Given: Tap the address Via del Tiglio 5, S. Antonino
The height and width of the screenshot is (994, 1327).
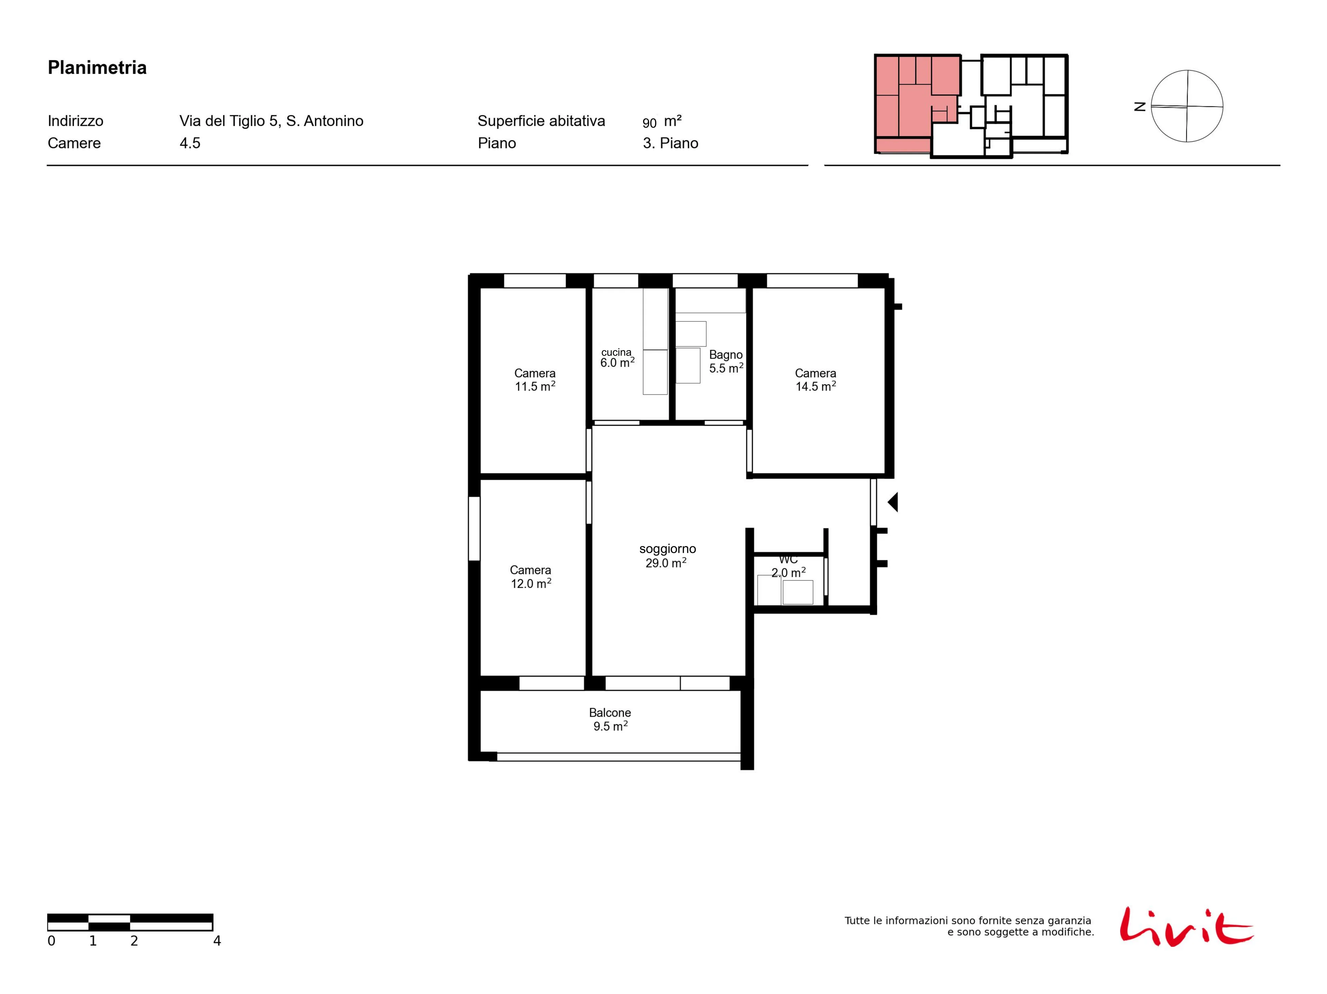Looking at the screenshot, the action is click(x=271, y=121).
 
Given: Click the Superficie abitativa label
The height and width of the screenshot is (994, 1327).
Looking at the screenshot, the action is click(x=541, y=121).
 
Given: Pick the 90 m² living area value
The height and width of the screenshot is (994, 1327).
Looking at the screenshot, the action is click(x=662, y=122).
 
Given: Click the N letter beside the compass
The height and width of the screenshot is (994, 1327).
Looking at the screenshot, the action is click(x=1140, y=107).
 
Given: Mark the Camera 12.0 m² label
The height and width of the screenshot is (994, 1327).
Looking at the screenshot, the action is click(x=530, y=577).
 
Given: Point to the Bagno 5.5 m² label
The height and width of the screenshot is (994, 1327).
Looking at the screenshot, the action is click(x=726, y=361).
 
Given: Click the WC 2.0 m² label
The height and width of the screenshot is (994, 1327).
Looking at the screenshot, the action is click(x=788, y=566).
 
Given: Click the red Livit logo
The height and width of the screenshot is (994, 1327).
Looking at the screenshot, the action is click(x=1186, y=926).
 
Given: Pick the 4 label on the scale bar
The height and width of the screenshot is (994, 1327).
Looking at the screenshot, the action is click(x=217, y=940).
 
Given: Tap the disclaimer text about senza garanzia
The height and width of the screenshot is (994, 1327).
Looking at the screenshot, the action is click(x=969, y=926).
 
